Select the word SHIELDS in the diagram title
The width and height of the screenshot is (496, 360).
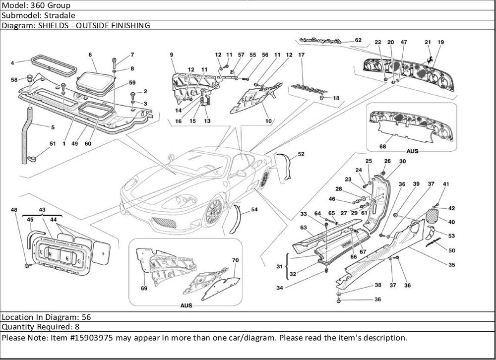point(52,25)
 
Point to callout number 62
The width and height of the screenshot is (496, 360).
point(358,41)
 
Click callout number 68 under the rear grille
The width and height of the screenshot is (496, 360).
point(382,146)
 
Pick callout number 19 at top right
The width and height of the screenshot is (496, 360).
point(440,42)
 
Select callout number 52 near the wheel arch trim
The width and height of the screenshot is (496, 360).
point(301,154)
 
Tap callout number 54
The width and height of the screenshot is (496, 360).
point(254,210)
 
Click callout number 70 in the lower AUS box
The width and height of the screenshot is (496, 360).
point(236,260)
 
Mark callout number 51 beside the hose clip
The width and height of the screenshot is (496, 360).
point(53,143)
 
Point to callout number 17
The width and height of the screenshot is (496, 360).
point(301,55)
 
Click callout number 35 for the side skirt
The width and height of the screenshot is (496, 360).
point(452,265)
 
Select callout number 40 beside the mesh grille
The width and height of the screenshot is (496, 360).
point(452,222)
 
